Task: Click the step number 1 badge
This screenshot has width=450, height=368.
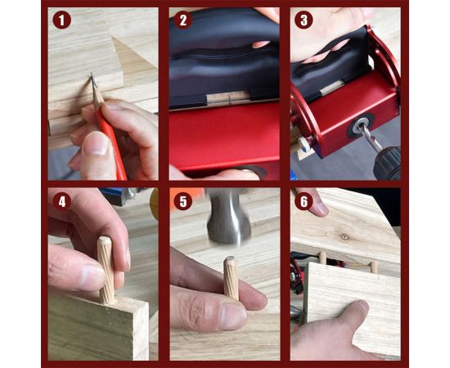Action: (61, 20)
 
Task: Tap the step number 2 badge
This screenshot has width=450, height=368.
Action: (183, 20)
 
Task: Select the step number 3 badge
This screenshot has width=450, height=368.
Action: (304, 20)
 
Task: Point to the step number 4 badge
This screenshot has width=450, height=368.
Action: (61, 201)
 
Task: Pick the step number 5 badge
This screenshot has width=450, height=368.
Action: (183, 201)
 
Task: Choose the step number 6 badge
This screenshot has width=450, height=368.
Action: (304, 201)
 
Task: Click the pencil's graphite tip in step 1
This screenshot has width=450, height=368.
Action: (92, 76)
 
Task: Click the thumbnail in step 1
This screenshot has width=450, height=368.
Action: (95, 143)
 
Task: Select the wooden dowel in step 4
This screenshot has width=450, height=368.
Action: (106, 270)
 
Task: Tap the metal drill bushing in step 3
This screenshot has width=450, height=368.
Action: (360, 125)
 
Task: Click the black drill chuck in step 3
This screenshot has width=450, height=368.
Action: (388, 164)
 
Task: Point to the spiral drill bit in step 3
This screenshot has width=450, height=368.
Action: (371, 137)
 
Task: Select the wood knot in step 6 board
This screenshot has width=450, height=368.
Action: (344, 237)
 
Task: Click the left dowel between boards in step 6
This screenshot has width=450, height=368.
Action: (323, 258)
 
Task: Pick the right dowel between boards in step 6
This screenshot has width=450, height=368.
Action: (373, 267)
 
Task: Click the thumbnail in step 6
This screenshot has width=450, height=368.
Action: (362, 307)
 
